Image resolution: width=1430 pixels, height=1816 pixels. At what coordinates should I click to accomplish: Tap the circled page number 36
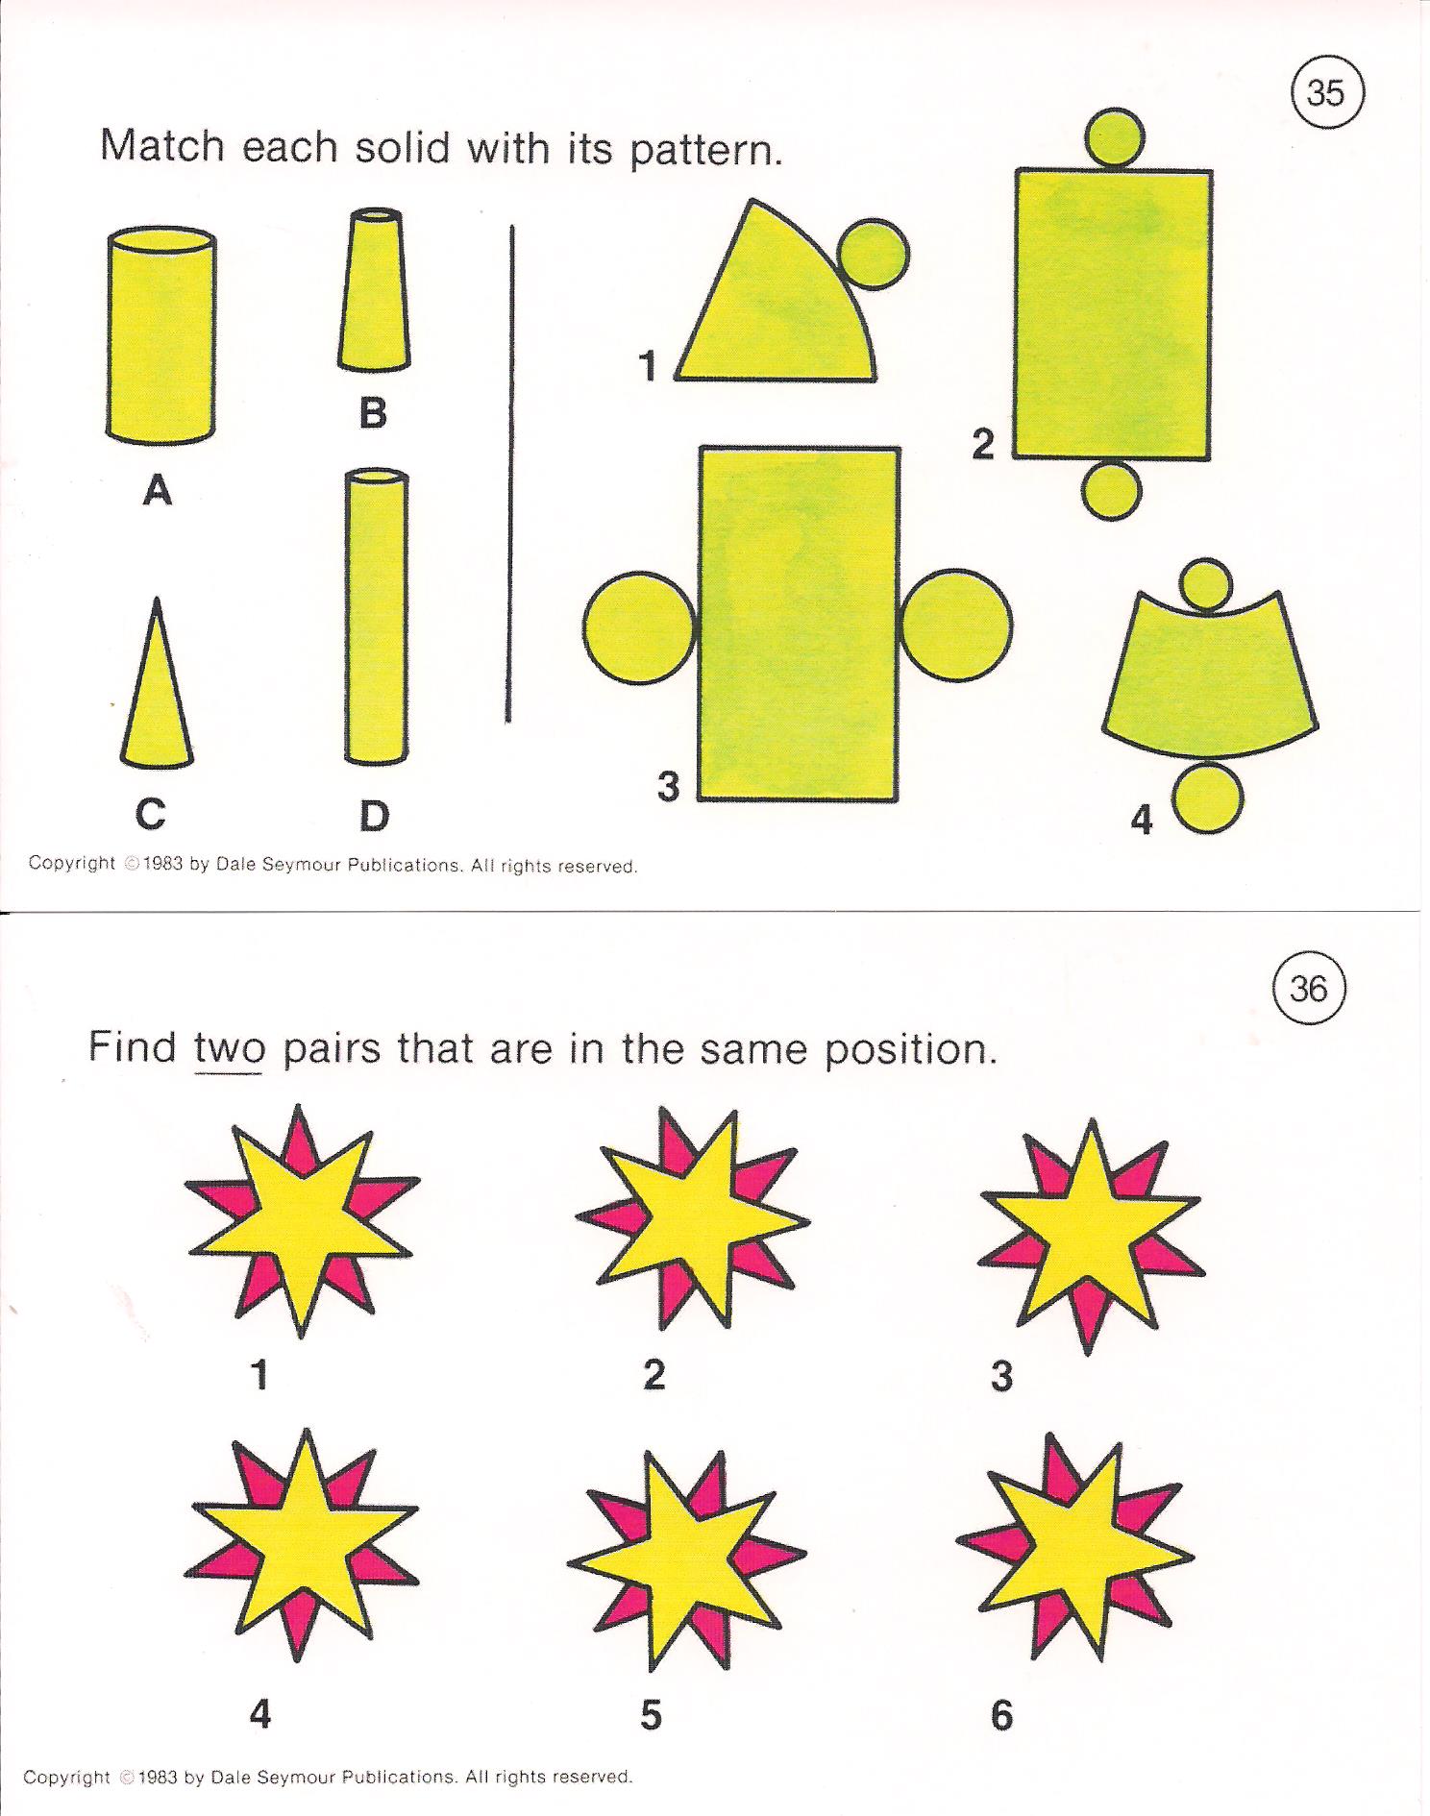pyautogui.click(x=1309, y=989)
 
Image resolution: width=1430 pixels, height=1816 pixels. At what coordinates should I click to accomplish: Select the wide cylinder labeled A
pyautogui.click(x=160, y=336)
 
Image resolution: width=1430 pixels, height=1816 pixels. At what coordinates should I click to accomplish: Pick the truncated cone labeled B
pyautogui.click(x=374, y=290)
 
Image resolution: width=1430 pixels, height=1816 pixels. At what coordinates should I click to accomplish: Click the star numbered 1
pyautogui.click(x=302, y=1220)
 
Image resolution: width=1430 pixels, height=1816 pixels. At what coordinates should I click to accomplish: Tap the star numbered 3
pyautogui.click(x=1091, y=1236)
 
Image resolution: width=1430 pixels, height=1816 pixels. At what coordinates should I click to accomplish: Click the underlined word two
pyautogui.click(x=228, y=1048)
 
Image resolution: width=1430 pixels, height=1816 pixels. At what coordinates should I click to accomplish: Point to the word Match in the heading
pyautogui.click(x=162, y=146)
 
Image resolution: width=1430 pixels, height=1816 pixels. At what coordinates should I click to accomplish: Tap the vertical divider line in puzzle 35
pyautogui.click(x=510, y=473)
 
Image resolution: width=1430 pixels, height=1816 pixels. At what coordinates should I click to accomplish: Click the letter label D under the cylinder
pyautogui.click(x=374, y=816)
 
